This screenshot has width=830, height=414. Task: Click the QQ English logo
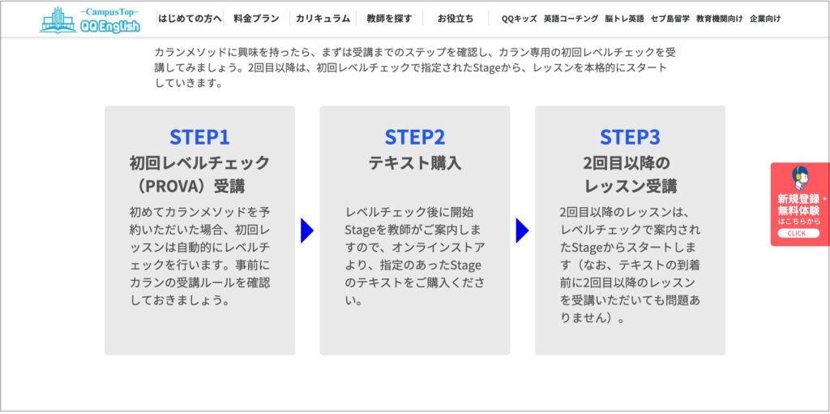click(89, 19)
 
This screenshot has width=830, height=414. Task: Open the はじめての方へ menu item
click(190, 18)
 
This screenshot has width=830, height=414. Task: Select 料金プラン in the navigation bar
click(255, 18)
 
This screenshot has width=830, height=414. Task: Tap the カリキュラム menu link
click(323, 18)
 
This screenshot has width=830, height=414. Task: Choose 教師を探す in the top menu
click(389, 18)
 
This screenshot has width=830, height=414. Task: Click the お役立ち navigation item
click(456, 18)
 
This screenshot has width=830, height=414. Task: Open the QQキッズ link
click(519, 18)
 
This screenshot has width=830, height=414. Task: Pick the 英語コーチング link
click(571, 18)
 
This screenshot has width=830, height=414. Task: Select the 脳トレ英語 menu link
click(624, 18)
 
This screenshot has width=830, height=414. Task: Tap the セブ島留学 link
click(670, 18)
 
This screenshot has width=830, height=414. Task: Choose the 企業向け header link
click(765, 18)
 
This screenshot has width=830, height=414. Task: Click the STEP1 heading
click(199, 136)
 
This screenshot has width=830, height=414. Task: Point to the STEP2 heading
click(414, 136)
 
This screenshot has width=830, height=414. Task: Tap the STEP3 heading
click(630, 136)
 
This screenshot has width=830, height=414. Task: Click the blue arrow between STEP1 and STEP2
click(306, 231)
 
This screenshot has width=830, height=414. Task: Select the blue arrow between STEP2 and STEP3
click(522, 231)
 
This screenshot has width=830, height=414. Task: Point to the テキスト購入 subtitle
click(414, 162)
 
